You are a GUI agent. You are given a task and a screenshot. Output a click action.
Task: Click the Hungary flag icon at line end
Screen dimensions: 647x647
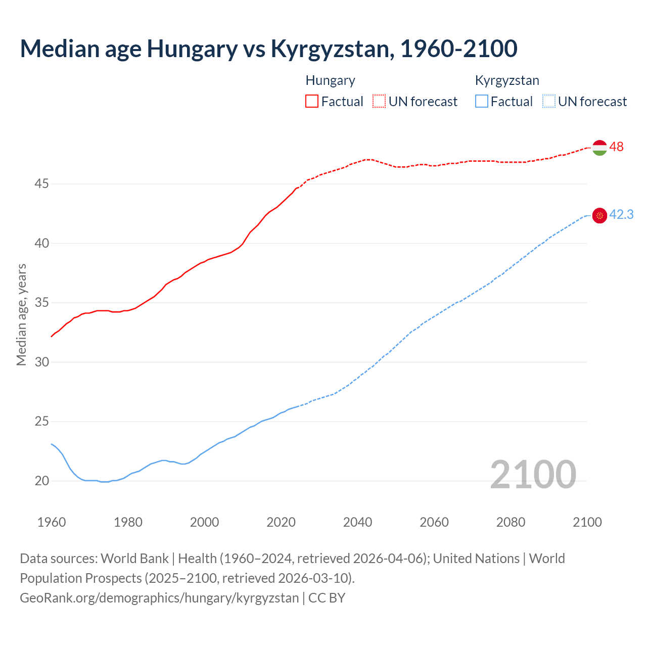click(599, 148)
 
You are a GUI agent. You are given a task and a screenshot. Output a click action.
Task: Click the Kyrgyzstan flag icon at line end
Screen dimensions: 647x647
click(599, 215)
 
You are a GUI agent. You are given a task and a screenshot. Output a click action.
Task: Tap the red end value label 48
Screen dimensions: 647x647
click(617, 147)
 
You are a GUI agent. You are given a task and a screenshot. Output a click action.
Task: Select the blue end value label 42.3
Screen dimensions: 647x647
click(621, 214)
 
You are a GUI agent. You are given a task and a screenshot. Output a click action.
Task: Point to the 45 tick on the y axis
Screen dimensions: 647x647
click(41, 183)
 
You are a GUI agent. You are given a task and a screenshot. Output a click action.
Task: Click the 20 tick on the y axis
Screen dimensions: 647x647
click(41, 481)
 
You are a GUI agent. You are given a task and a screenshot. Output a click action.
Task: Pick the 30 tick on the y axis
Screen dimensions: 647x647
click(41, 362)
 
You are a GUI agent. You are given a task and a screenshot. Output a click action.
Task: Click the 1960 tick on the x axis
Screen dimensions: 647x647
click(52, 522)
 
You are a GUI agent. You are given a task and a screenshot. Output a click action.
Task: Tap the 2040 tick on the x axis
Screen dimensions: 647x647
click(357, 522)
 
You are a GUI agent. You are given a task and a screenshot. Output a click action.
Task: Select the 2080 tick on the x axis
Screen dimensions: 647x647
click(511, 522)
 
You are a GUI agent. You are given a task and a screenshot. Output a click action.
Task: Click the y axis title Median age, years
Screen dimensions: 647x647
click(21, 314)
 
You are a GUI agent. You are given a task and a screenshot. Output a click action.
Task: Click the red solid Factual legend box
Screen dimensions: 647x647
click(312, 101)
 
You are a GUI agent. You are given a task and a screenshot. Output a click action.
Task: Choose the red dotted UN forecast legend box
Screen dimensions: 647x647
click(379, 101)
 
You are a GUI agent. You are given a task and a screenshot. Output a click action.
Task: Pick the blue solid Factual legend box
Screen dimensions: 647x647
click(482, 101)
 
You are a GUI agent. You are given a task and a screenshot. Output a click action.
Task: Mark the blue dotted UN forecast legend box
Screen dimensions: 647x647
click(548, 101)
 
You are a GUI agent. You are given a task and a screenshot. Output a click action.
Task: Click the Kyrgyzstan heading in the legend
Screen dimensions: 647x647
click(507, 80)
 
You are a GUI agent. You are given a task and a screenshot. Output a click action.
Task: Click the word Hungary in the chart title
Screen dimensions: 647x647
click(192, 49)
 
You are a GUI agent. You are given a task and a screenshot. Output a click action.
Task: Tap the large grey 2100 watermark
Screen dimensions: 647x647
click(533, 474)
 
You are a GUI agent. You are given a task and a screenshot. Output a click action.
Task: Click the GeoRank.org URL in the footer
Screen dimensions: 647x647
click(159, 597)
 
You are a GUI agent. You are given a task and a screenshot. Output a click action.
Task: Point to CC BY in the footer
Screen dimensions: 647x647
click(327, 597)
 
